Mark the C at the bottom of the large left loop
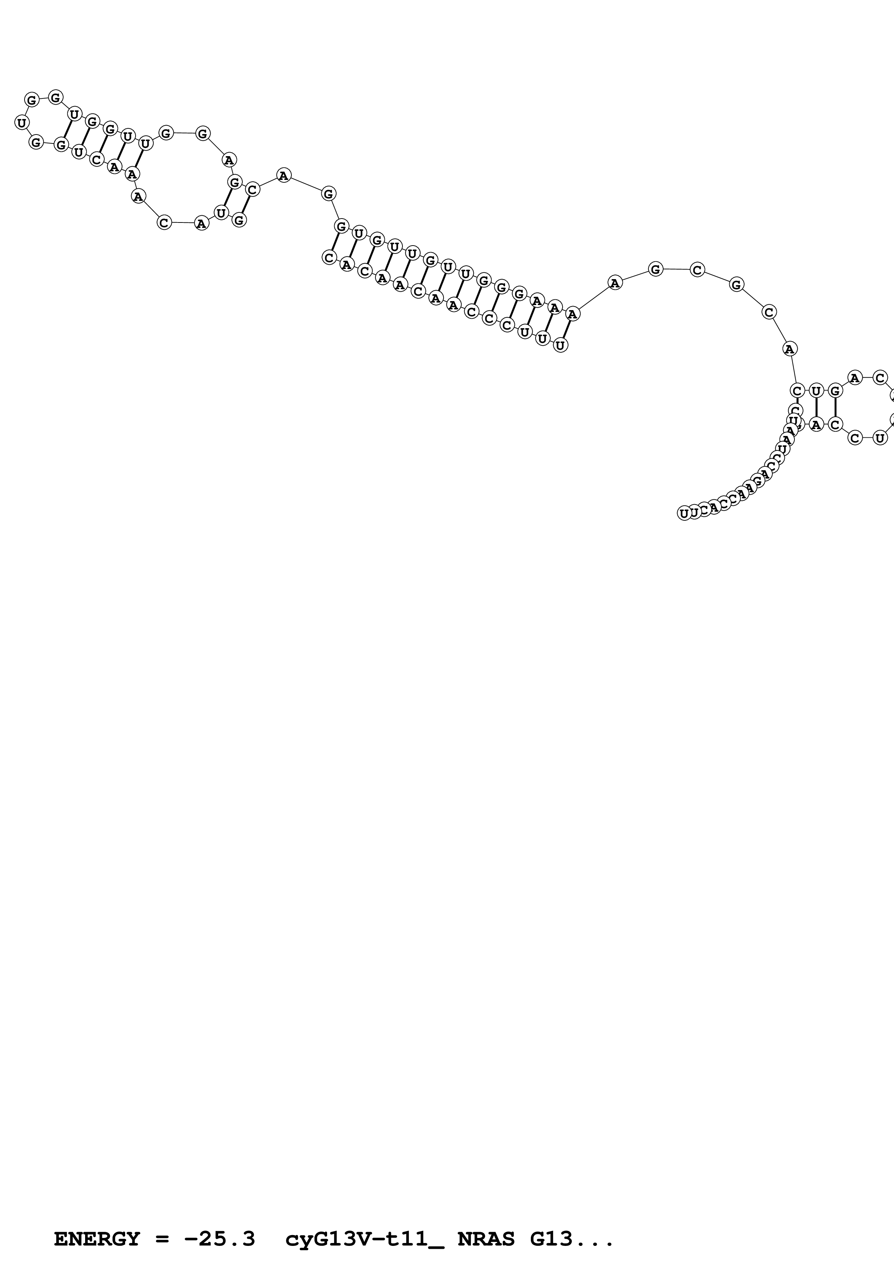[164, 222]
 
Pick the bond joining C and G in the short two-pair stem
[246, 205]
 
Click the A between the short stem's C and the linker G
[283, 176]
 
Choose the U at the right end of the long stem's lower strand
[560, 345]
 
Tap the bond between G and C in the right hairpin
[836, 408]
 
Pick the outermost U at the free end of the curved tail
[684, 514]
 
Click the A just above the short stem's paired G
[229, 160]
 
